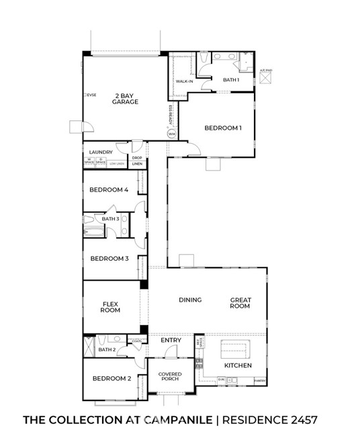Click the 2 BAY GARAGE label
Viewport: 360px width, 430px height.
point(126,99)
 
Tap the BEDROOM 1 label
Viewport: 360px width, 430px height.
point(223,128)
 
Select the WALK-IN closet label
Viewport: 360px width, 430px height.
point(185,82)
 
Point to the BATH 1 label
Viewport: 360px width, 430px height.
point(231,80)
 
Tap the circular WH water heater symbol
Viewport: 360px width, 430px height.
point(171,134)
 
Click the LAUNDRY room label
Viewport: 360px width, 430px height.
point(100,153)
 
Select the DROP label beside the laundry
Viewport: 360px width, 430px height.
point(136,158)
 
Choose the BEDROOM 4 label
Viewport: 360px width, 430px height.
point(109,189)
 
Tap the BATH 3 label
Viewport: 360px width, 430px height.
point(110,219)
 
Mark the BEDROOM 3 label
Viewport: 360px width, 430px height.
point(109,259)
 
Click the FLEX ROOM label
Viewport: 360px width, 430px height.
point(110,306)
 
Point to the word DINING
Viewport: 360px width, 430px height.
point(191,300)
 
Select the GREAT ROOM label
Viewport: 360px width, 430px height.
point(240,303)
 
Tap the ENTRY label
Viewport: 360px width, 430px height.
point(171,341)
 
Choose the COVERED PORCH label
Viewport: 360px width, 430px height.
point(170,378)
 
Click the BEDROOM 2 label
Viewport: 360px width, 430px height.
point(111,379)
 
